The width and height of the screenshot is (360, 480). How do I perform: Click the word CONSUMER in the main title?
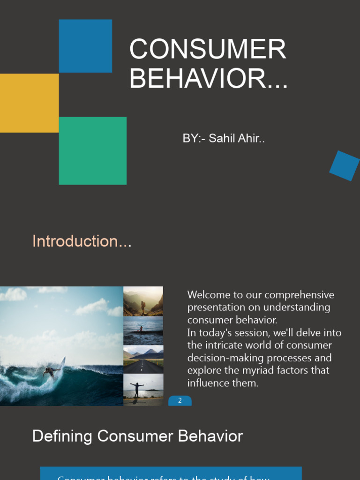point(208,49)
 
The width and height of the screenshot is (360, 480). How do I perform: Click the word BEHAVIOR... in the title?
point(209,78)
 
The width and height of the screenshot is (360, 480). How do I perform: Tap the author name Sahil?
point(222,139)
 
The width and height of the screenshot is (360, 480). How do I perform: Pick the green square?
point(92,150)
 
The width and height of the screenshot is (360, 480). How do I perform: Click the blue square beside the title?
point(85,46)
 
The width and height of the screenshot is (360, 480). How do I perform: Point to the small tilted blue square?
point(344,166)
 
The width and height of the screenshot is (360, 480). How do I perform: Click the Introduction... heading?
point(82,241)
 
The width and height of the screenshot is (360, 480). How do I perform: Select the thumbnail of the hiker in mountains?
point(143,301)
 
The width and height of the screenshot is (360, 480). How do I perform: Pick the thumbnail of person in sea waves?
point(143,331)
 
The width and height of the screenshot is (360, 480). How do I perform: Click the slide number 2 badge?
point(180,401)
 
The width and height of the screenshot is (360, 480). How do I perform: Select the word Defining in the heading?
point(62,436)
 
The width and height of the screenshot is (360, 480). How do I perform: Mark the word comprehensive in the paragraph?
point(303,295)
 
